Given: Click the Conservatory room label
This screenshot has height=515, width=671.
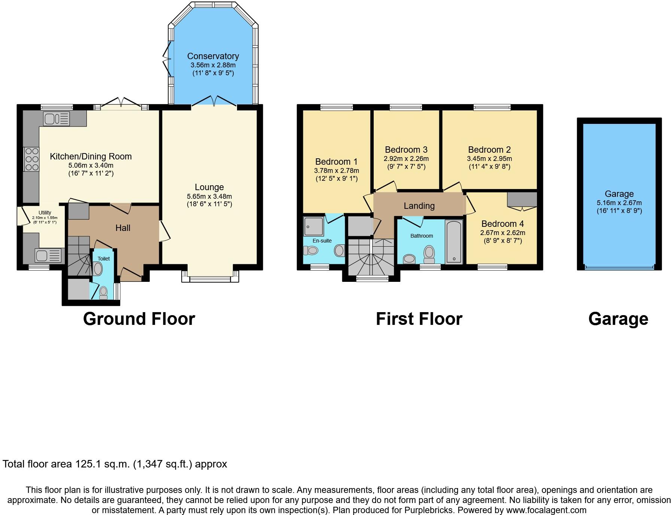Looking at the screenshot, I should point(213,56).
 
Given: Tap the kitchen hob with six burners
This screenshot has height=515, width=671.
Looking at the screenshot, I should point(31,159).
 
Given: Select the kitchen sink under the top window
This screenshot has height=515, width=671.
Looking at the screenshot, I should point(57,119).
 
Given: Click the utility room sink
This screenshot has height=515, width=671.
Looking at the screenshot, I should point(48,256).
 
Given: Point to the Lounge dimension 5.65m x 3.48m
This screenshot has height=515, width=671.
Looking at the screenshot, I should point(209,196).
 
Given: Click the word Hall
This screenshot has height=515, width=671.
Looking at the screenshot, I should point(123,228).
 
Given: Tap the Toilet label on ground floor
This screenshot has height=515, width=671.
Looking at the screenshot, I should point(104,259).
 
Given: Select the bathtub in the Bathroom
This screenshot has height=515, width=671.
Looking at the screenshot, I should point(453,242).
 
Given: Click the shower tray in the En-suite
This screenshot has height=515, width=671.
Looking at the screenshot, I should point(313,226).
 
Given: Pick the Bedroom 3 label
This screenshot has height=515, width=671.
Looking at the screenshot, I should point(406,150).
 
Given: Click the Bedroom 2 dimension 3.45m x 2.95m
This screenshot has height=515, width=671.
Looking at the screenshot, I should point(489,159).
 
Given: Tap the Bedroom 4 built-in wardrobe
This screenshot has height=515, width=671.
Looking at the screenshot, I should point(522,199).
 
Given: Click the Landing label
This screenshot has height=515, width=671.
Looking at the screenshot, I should point(419,206).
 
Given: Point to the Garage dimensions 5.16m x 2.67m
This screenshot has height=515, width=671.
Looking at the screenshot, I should point(619,203).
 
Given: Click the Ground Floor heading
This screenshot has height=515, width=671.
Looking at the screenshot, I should point(139,319).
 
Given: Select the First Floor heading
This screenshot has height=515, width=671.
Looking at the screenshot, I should point(419,319).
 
